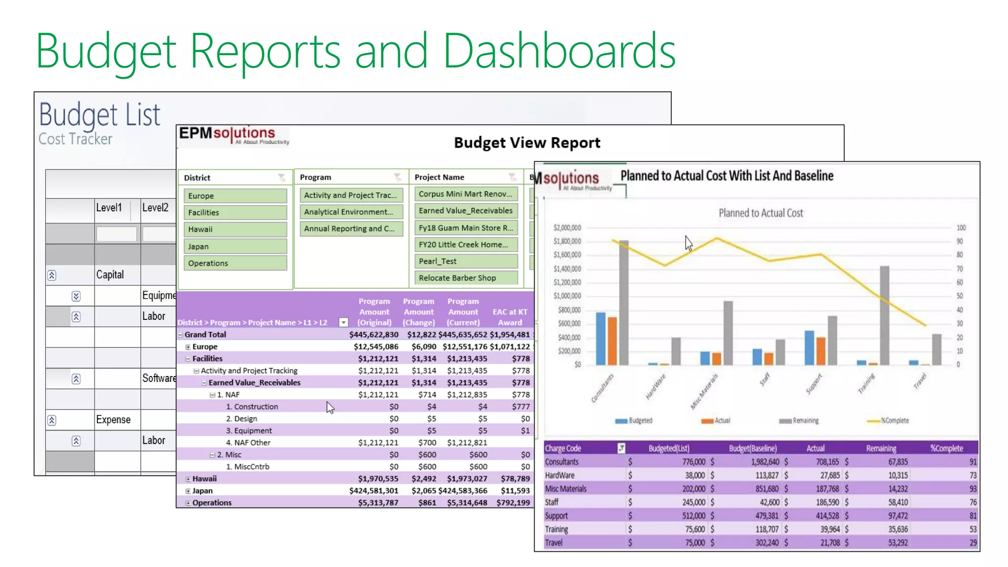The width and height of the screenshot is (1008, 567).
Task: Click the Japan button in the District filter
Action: click(x=235, y=246)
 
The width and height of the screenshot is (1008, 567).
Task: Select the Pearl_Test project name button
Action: click(x=466, y=261)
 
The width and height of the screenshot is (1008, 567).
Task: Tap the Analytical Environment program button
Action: click(x=351, y=212)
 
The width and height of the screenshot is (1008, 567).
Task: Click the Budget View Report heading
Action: click(x=527, y=143)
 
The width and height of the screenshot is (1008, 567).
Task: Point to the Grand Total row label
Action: click(x=205, y=335)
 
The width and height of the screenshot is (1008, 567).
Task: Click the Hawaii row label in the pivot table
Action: click(x=204, y=478)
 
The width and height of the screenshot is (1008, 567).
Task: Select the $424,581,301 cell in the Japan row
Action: click(x=374, y=491)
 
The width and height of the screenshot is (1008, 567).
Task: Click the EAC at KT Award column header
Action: click(x=509, y=317)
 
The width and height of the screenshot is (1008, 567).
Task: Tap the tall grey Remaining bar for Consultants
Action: click(x=624, y=305)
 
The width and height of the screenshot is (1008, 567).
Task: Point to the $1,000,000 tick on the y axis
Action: click(x=567, y=296)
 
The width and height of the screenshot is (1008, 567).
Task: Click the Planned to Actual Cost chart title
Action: click(x=760, y=213)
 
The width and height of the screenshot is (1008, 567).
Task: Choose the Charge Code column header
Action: click(x=563, y=448)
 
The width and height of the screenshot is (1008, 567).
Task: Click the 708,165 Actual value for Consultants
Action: click(x=827, y=462)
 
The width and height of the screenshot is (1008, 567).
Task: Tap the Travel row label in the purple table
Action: click(x=554, y=542)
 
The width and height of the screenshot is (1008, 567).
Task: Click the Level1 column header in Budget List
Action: click(x=109, y=208)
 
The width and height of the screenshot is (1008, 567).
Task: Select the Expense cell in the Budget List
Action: click(x=113, y=420)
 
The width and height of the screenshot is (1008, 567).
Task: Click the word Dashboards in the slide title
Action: click(x=559, y=51)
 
